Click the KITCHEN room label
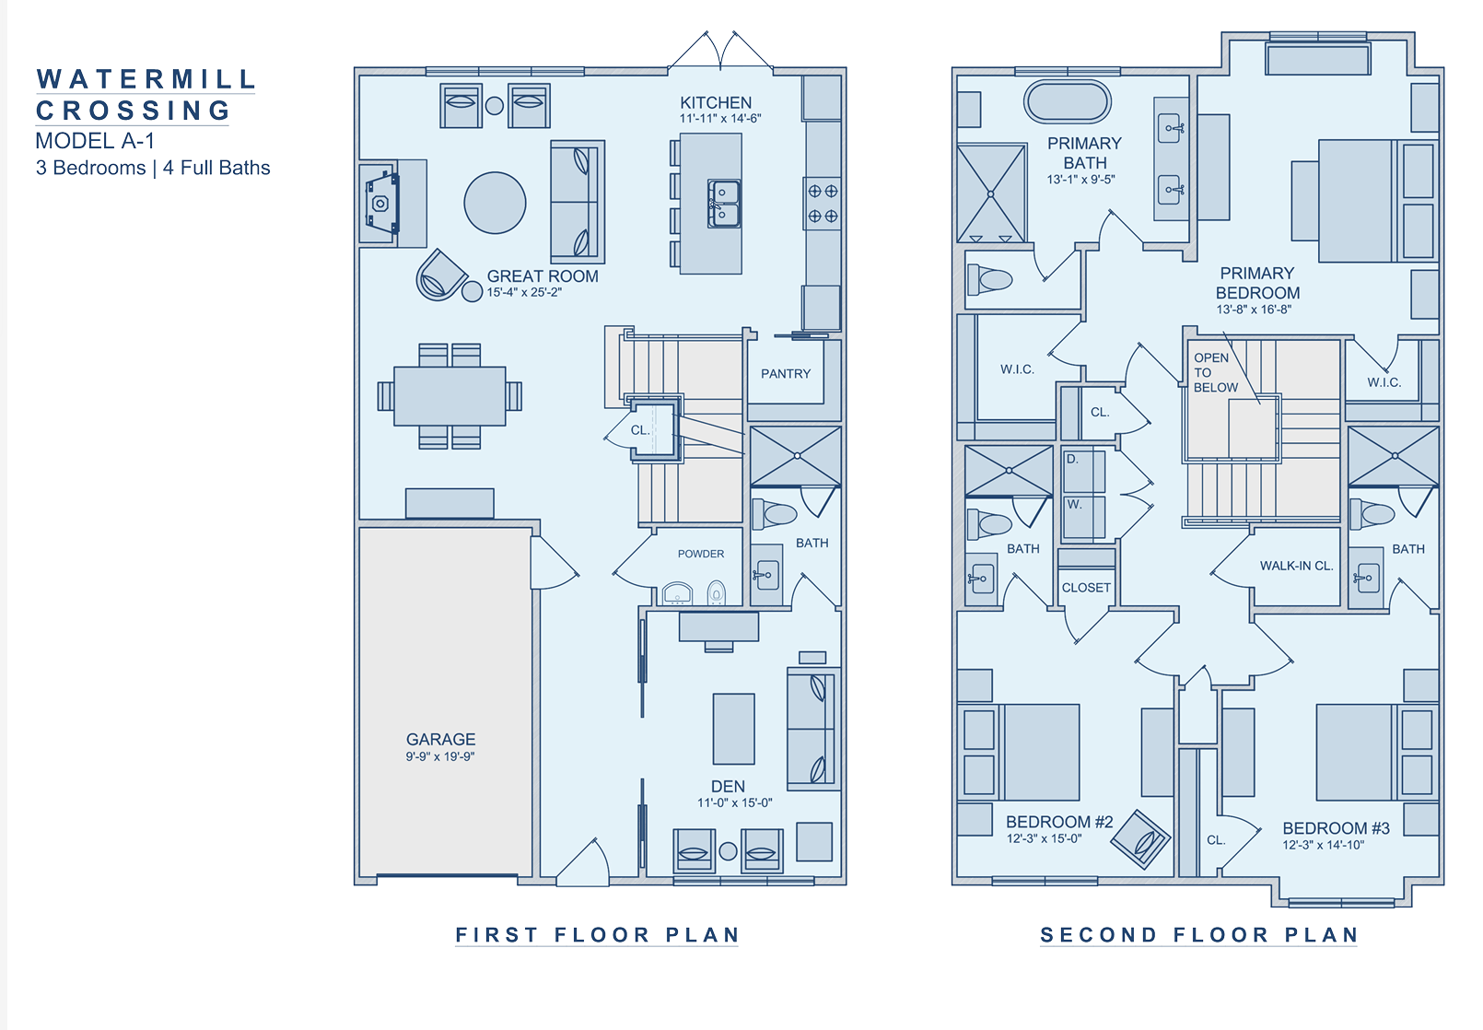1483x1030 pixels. coord(716,102)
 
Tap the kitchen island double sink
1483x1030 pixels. coord(724,204)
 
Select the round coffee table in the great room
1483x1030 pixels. coord(495,203)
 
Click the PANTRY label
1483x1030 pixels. coord(785,373)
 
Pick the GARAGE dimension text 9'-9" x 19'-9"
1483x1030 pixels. coord(440,756)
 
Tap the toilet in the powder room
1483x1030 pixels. coord(717,592)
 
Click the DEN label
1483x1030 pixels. coord(728,786)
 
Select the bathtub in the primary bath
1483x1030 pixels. coord(1068,102)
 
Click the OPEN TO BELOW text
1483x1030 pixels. coord(1215,373)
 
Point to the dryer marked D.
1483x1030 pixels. coord(1084,471)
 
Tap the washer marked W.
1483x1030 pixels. coord(1084,517)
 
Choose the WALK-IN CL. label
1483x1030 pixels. coord(1296,566)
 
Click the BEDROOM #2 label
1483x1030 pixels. coord(1059,822)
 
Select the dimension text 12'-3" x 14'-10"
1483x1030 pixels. coord(1324,845)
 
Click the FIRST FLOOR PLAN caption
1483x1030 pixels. coord(597,934)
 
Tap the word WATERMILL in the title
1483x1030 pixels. coord(146,79)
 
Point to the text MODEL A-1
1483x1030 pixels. coord(95,140)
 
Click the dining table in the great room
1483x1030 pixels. coord(450,396)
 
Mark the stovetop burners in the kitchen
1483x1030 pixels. coord(823,204)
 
